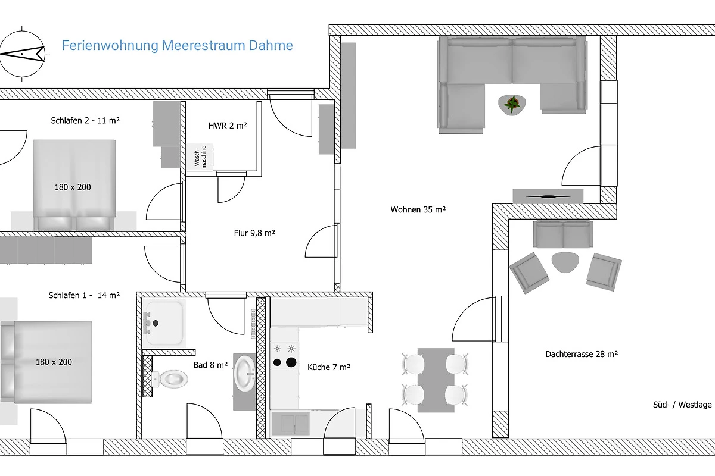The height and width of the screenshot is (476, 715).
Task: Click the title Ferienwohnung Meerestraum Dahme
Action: coord(178,46)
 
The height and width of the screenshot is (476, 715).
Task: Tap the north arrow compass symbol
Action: coord(21,54)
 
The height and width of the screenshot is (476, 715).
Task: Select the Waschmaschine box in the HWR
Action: coord(200,157)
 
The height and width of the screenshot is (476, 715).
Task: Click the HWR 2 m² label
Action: coord(228,126)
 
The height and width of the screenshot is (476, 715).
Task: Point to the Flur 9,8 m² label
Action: coord(254,233)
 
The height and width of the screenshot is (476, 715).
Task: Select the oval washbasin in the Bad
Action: coord(244,374)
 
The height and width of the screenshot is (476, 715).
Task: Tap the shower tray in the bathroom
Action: coord(164,323)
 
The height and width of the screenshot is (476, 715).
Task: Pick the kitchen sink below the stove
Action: coord(291,424)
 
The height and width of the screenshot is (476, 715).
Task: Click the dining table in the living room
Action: coord(436,380)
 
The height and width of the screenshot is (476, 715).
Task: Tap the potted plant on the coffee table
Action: coord(512,104)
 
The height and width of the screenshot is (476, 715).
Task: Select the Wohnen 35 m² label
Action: coord(418,209)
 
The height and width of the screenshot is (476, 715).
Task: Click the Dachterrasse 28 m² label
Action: coord(582,354)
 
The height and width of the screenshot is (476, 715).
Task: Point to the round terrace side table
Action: coord(565,262)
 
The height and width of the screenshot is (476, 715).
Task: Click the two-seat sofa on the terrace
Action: coord(562,234)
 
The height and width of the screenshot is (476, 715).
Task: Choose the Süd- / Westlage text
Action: coord(682,405)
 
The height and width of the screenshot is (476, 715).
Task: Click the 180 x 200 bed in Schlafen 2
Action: coord(74,185)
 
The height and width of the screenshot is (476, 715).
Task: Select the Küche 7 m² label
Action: coord(329,367)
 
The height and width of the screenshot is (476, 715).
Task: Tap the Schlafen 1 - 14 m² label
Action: coord(84,295)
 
